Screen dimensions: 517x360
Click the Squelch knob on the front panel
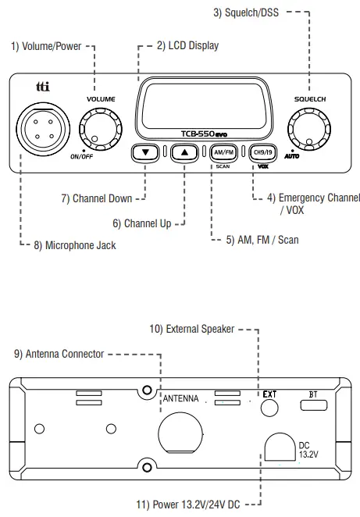point(305,128)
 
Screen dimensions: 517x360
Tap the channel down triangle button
point(145,152)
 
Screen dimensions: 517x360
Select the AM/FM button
point(223,152)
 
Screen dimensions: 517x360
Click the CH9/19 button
point(262,152)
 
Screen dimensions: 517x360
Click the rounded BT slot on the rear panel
point(314,405)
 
